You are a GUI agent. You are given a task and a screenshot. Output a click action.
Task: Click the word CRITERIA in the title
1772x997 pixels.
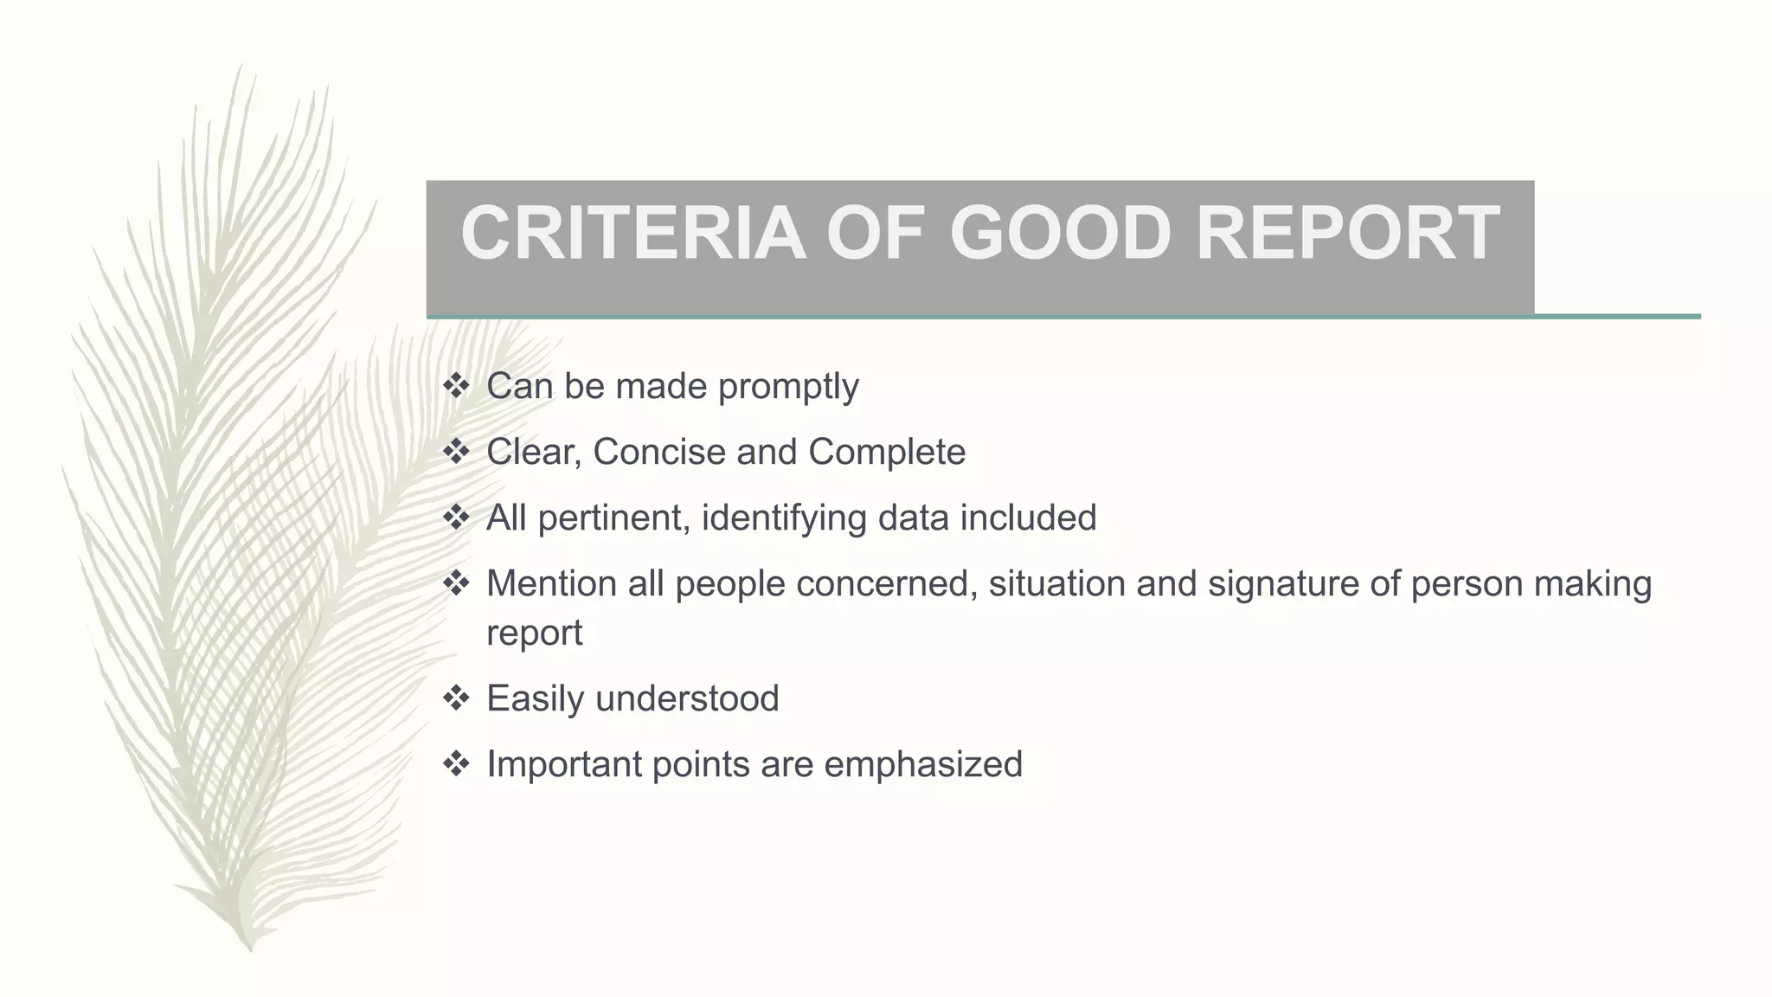[x=632, y=233]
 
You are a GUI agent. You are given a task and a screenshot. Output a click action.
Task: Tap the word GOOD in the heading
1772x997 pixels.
[x=1060, y=233]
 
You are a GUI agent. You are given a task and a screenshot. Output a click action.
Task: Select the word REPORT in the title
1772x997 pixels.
[x=1347, y=233]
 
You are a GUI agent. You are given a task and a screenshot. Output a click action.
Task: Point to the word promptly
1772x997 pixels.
[x=788, y=387]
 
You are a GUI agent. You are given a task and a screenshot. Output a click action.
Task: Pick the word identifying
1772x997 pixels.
[x=783, y=518]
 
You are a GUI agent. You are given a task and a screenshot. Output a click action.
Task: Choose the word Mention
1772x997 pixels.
[x=550, y=583]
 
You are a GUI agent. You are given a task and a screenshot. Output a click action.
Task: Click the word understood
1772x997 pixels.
[x=687, y=698]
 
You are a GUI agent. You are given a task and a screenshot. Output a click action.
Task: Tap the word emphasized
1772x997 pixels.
[x=923, y=764]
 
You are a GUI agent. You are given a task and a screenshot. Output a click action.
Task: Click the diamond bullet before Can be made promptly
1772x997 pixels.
[x=455, y=385]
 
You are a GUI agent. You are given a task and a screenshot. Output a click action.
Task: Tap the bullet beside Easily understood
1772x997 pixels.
[x=455, y=698]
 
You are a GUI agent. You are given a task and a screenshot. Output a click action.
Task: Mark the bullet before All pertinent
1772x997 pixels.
[x=455, y=517]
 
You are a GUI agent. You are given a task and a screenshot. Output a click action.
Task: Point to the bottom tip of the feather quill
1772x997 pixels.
[x=250, y=949]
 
